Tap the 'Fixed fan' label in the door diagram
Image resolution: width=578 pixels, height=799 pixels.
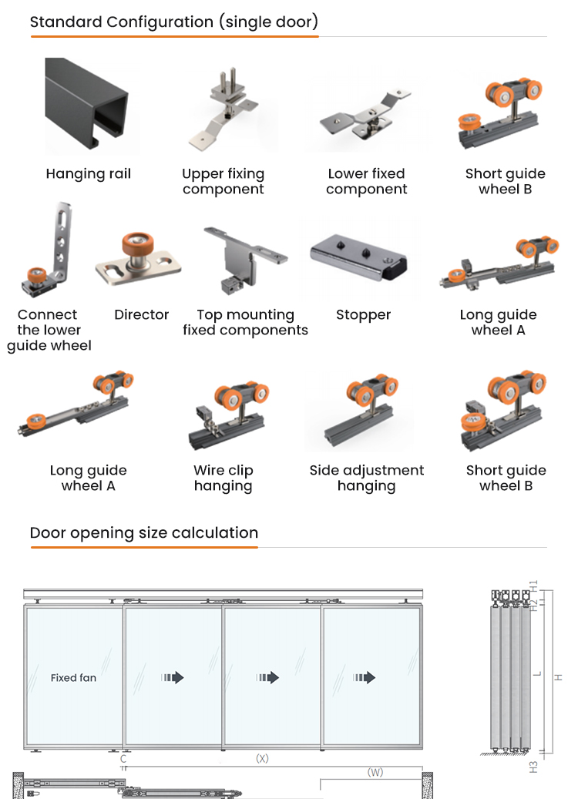pyautogui.click(x=73, y=678)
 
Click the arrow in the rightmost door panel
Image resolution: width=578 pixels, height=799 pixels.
pyautogui.click(x=364, y=677)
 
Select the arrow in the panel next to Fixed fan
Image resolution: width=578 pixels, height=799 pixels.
pyautogui.click(x=173, y=677)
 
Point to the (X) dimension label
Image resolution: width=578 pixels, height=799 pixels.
pyautogui.click(x=262, y=758)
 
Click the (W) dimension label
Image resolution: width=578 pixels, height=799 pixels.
pyautogui.click(x=375, y=773)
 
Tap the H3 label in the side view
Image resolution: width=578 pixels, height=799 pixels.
pyautogui.click(x=533, y=767)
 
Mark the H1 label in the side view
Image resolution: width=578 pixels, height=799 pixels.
pyautogui.click(x=533, y=586)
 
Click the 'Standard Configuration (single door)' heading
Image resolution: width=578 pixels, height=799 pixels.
pyautogui.click(x=174, y=22)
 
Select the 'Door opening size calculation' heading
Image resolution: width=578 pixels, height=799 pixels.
pyautogui.click(x=144, y=533)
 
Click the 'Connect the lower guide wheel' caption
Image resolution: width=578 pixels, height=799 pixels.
pyautogui.click(x=49, y=330)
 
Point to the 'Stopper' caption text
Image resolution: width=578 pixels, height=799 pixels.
pyautogui.click(x=364, y=315)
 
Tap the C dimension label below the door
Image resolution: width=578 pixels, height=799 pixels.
pyautogui.click(x=123, y=759)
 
